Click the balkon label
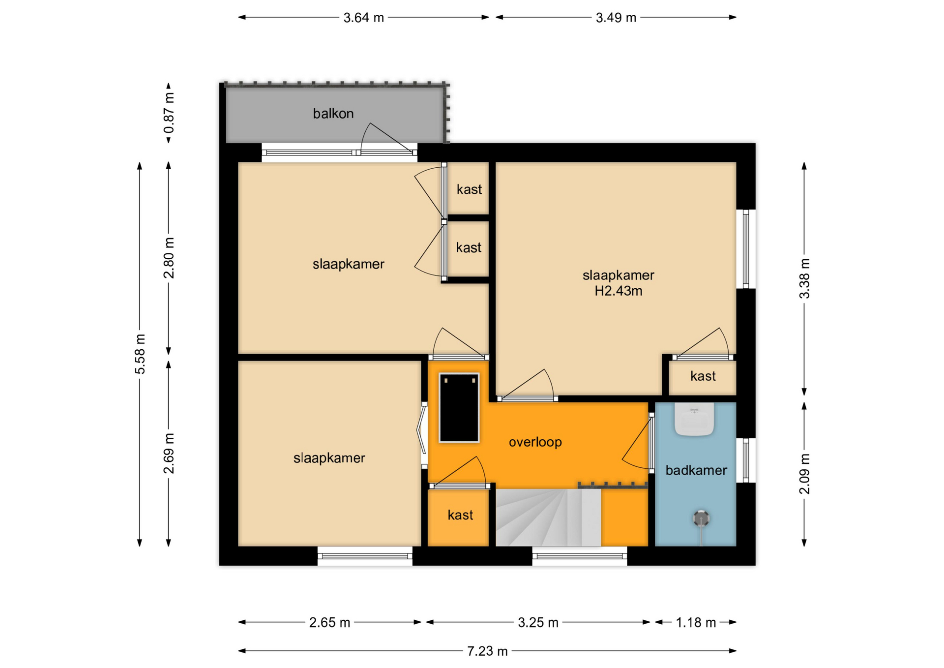(x=333, y=114)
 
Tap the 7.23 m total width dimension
(x=487, y=651)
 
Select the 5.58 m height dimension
(x=140, y=354)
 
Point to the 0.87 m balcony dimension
(x=169, y=113)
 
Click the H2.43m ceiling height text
(x=618, y=291)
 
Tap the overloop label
(x=535, y=442)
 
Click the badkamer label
(x=696, y=470)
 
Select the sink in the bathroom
(x=694, y=419)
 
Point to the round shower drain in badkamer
(x=701, y=518)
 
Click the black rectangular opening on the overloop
(x=459, y=408)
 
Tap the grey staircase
(x=548, y=517)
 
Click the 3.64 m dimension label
(x=363, y=18)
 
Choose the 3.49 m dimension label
(x=616, y=18)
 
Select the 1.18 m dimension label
(x=696, y=623)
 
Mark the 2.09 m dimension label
(x=804, y=474)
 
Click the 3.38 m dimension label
(x=804, y=278)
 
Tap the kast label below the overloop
(x=460, y=515)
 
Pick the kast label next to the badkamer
(x=703, y=376)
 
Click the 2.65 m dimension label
(x=329, y=623)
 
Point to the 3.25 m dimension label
(x=538, y=623)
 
